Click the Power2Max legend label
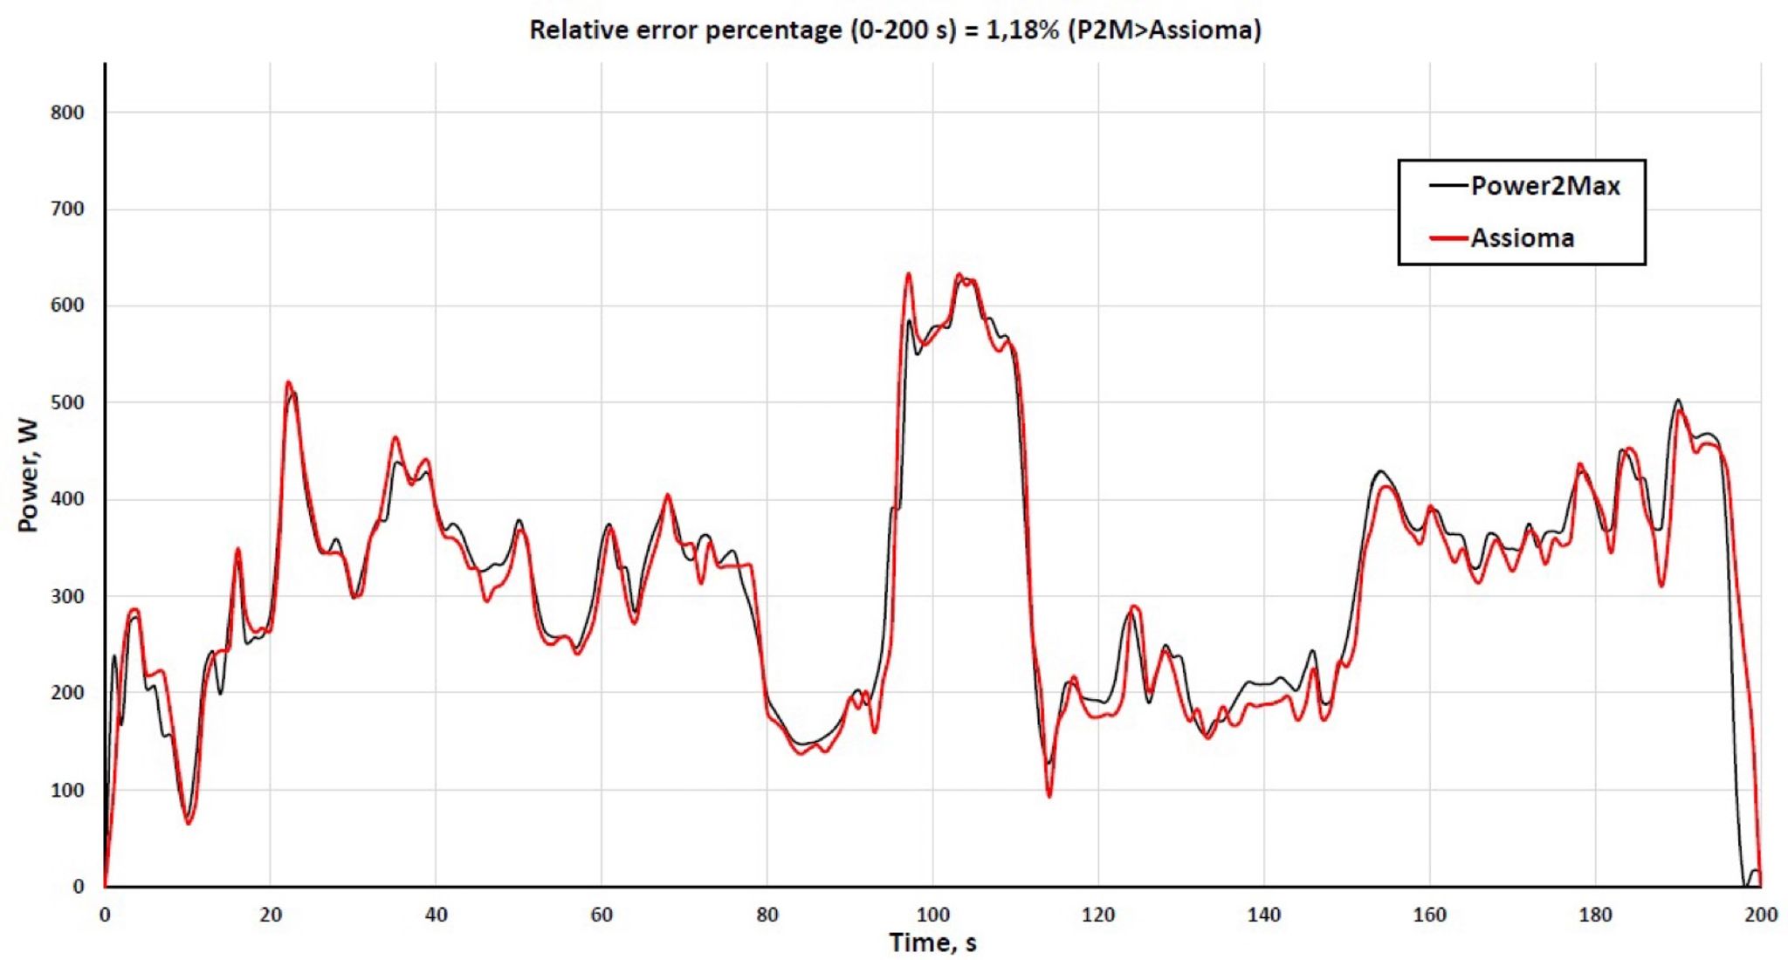click(1545, 186)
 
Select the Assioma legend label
click(1522, 238)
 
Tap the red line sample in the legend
click(1448, 238)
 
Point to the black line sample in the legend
click(1448, 186)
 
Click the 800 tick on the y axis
click(67, 113)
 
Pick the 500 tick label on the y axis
click(67, 402)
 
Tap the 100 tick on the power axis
click(67, 790)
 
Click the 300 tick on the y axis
click(67, 597)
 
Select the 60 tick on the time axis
click(602, 915)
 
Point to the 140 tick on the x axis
click(1263, 915)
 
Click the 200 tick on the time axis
click(1760, 915)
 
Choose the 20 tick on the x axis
click(271, 915)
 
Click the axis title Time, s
click(932, 943)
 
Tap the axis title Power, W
click(28, 476)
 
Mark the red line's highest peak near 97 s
click(908, 274)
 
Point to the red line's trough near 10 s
click(189, 823)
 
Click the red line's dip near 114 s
click(1049, 796)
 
